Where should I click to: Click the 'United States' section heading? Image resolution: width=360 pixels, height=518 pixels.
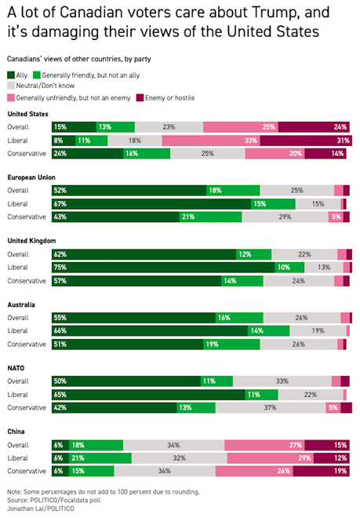click(x=27, y=113)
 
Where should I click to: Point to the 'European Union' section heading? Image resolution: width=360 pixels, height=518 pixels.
click(x=31, y=177)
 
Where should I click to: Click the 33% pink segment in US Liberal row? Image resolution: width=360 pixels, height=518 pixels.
click(x=211, y=140)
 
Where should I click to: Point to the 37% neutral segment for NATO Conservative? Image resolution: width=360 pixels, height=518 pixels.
click(x=270, y=408)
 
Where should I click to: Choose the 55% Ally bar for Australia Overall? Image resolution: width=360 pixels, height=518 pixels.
click(x=133, y=318)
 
